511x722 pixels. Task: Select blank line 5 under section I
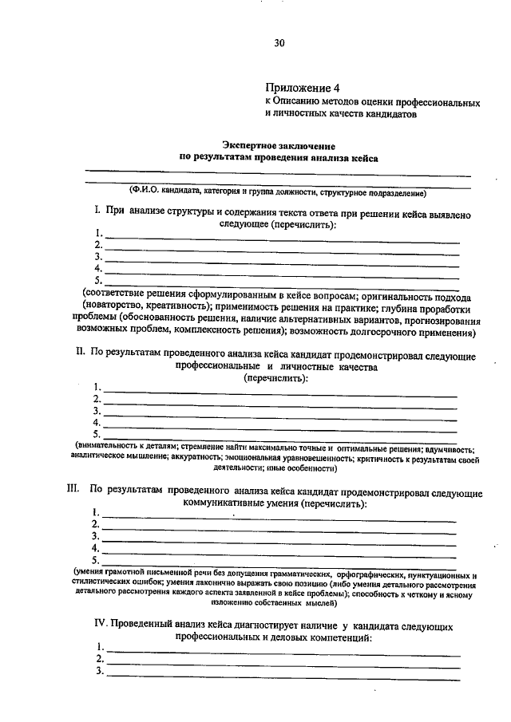point(279,284)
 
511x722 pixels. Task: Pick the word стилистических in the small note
point(100,583)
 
